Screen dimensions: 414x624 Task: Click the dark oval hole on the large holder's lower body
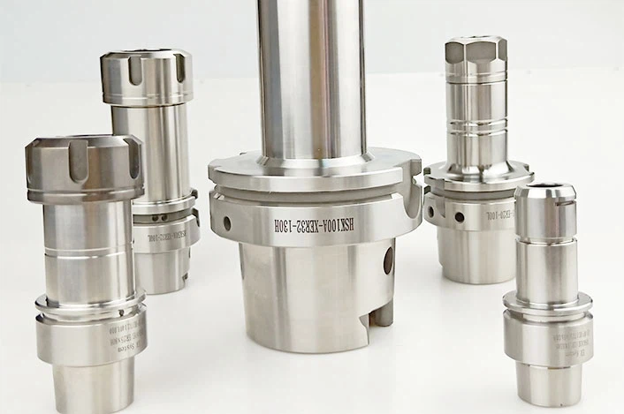(386, 261)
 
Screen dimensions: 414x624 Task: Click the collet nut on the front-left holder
(83, 168)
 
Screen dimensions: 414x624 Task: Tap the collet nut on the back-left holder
(146, 79)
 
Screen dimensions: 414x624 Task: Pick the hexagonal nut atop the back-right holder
(476, 55)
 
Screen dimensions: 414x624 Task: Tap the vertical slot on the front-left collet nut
(77, 163)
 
